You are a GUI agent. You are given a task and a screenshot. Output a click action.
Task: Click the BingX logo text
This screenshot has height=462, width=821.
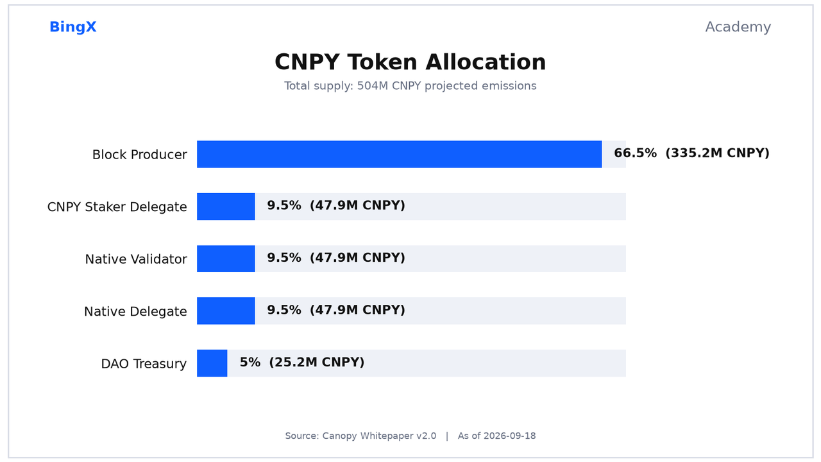pyautogui.click(x=73, y=27)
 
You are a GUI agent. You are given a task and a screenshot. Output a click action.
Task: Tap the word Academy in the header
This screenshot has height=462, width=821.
pyautogui.click(x=738, y=27)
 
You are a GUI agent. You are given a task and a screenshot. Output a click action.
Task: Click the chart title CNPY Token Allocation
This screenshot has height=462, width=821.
pyautogui.click(x=410, y=62)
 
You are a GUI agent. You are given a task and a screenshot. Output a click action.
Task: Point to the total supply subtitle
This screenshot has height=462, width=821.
pyautogui.click(x=410, y=86)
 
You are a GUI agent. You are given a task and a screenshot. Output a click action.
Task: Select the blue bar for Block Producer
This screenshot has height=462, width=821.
pyautogui.click(x=399, y=155)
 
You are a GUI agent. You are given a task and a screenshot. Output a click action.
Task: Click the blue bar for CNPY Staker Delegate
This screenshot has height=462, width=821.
pyautogui.click(x=226, y=207)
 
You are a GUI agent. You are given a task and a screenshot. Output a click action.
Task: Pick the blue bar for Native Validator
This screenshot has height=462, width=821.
pyautogui.click(x=226, y=259)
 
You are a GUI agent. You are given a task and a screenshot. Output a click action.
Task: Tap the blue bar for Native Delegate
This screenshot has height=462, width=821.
pyautogui.click(x=226, y=311)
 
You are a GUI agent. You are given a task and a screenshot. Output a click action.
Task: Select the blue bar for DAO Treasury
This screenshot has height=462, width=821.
pyautogui.click(x=212, y=363)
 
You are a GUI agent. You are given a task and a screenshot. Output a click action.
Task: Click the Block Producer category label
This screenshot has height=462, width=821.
pyautogui.click(x=139, y=155)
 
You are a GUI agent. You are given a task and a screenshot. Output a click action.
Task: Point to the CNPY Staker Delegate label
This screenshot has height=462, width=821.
pyautogui.click(x=117, y=207)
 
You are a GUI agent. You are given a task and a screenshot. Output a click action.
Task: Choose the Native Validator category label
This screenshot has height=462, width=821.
pyautogui.click(x=136, y=259)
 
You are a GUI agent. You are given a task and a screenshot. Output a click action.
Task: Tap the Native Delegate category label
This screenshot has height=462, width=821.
pyautogui.click(x=135, y=312)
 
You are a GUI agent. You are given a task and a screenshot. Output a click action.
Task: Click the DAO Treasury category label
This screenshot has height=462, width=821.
pyautogui.click(x=144, y=364)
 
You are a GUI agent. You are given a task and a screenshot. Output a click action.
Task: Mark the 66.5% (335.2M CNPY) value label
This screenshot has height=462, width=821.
pyautogui.click(x=691, y=153)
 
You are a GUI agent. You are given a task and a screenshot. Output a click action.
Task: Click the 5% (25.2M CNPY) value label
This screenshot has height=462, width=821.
pyautogui.click(x=302, y=363)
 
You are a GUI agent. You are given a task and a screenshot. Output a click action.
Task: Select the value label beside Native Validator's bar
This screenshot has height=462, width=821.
pyautogui.click(x=336, y=257)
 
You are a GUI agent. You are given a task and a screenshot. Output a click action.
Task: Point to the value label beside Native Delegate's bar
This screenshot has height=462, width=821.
pyautogui.click(x=336, y=310)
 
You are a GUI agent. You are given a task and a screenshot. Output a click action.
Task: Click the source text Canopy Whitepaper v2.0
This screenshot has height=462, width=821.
pyautogui.click(x=379, y=436)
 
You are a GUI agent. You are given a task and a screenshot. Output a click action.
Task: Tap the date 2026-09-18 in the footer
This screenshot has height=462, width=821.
pyautogui.click(x=509, y=436)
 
